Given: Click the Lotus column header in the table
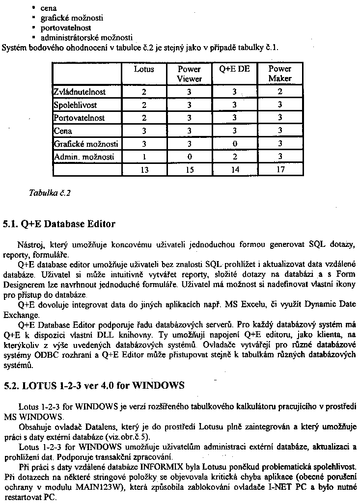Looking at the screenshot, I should click(x=144, y=69).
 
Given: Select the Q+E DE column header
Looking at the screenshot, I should click(x=234, y=69).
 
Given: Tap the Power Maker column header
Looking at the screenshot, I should click(x=280, y=74).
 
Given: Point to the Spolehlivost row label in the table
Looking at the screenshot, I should click(x=75, y=105).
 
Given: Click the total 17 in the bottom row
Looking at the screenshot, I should click(x=280, y=170).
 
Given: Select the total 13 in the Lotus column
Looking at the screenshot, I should click(x=144, y=170).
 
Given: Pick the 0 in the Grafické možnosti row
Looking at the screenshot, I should click(x=234, y=144).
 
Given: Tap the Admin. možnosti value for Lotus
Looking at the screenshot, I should click(x=144, y=157).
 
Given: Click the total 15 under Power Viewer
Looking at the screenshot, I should click(x=189, y=170).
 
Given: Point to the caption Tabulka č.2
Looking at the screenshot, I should click(x=50, y=193).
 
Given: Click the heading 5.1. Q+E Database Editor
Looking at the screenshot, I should click(x=59, y=224).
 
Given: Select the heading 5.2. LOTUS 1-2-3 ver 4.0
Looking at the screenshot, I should click(x=94, y=385).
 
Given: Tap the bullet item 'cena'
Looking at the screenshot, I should click(x=49, y=8).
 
